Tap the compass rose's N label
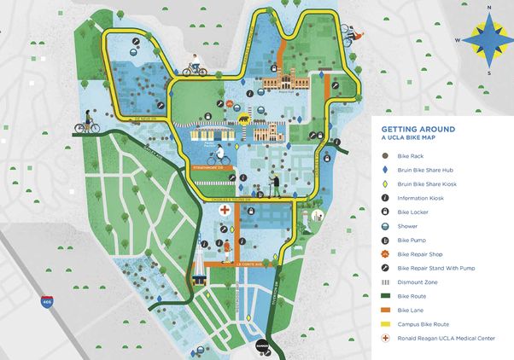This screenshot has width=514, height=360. pyautogui.click(x=489, y=7)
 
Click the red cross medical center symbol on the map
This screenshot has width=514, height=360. pyautogui.click(x=225, y=209)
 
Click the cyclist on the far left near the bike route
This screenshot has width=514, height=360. pyautogui.click(x=87, y=125)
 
